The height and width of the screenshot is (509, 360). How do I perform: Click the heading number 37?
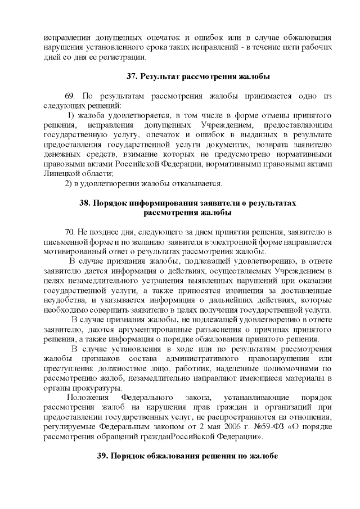coord(132,75)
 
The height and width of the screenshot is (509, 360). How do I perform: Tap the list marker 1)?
coord(72,116)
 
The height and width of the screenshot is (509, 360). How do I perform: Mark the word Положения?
coord(86,398)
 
